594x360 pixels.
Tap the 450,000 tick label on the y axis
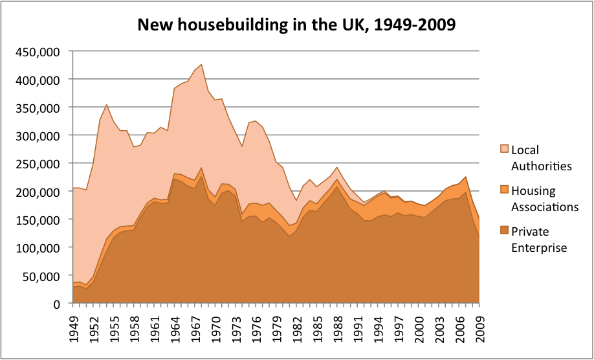38,51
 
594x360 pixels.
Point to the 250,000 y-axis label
38,163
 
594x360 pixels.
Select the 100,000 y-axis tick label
38,247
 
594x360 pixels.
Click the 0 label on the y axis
58,304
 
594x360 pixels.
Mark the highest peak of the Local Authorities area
201,65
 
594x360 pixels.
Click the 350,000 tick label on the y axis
38,107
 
